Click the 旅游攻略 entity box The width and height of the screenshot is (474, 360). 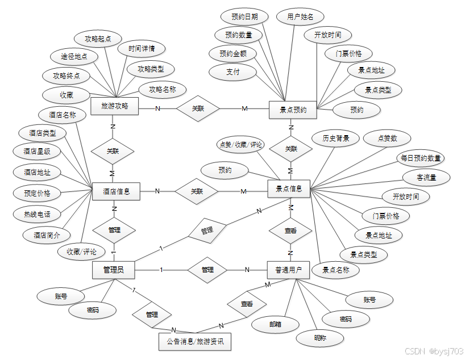(115, 106)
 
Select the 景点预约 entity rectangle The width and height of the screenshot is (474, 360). (293, 110)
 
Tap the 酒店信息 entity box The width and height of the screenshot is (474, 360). (116, 191)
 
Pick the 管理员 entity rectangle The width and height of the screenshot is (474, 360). (114, 270)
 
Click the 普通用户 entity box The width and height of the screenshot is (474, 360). (289, 270)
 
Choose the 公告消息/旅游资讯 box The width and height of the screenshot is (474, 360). (195, 342)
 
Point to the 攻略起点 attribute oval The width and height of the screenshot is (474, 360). (98, 39)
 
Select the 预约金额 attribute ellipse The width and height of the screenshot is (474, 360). (233, 54)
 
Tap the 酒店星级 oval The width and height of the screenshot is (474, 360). (37, 151)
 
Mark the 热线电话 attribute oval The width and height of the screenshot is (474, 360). (37, 214)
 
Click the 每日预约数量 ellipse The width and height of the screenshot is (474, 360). (421, 158)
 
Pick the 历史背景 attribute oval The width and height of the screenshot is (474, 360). (336, 138)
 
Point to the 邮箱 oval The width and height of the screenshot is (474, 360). (276, 324)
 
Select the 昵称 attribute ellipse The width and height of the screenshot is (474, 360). (320, 338)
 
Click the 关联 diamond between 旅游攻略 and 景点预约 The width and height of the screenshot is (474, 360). (197, 108)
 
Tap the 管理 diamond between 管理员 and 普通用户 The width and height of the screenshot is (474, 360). (207, 269)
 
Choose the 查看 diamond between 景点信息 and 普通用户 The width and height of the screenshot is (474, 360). (290, 231)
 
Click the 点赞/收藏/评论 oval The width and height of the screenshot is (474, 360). (240, 145)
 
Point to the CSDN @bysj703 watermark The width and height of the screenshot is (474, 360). (435, 351)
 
